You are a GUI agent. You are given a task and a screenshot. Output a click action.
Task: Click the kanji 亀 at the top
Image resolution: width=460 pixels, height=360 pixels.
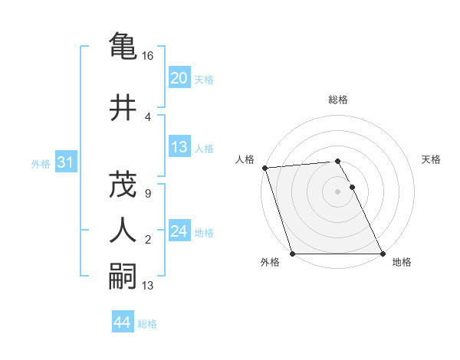point(123,46)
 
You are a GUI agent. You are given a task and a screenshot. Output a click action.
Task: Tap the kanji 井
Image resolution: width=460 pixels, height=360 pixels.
point(123,106)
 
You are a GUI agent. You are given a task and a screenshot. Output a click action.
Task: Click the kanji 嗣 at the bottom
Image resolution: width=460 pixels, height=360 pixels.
point(123,276)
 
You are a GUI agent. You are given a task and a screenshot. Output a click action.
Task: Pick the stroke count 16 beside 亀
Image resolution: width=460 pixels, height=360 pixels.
point(148,57)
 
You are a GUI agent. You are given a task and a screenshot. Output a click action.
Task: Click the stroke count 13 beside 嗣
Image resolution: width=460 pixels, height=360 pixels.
point(148,286)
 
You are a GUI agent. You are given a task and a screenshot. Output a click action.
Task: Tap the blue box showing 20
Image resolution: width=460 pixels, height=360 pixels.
point(179,77)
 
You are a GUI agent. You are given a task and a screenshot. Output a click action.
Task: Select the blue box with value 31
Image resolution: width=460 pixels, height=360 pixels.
point(66,162)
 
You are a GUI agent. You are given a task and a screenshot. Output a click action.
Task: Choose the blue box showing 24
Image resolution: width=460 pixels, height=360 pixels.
point(179,231)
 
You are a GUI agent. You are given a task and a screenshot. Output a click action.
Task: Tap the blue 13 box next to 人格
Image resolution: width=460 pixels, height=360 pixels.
point(179,147)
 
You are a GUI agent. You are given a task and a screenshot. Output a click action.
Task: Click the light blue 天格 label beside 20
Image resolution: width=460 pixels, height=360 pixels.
point(204,80)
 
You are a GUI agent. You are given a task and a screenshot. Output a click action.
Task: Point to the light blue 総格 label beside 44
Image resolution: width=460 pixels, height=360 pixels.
point(147,324)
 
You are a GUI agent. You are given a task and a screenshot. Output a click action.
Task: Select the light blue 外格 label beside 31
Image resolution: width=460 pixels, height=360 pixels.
point(41,164)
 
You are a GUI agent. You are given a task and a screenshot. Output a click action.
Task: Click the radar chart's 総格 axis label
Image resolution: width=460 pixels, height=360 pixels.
point(338,100)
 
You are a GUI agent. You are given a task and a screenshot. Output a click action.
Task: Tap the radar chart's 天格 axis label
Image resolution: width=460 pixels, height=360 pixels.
point(432,159)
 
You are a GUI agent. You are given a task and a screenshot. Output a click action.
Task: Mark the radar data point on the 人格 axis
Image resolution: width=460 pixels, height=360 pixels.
point(264,168)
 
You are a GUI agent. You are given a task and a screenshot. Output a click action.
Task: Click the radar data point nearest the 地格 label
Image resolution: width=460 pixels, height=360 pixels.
point(383,254)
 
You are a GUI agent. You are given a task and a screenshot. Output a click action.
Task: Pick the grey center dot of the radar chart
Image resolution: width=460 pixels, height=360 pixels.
point(337,191)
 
